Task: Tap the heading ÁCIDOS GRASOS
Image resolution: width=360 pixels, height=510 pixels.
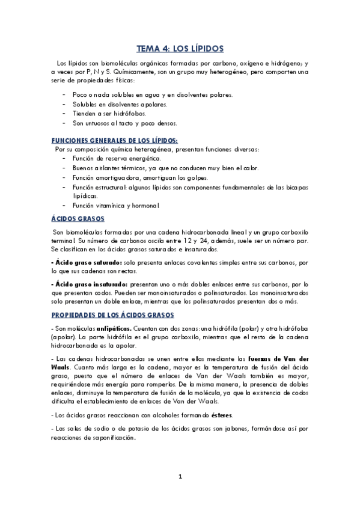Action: tap(78, 218)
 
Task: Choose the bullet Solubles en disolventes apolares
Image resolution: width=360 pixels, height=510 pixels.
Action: tap(115, 104)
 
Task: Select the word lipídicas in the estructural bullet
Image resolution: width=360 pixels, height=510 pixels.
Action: tap(87, 196)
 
